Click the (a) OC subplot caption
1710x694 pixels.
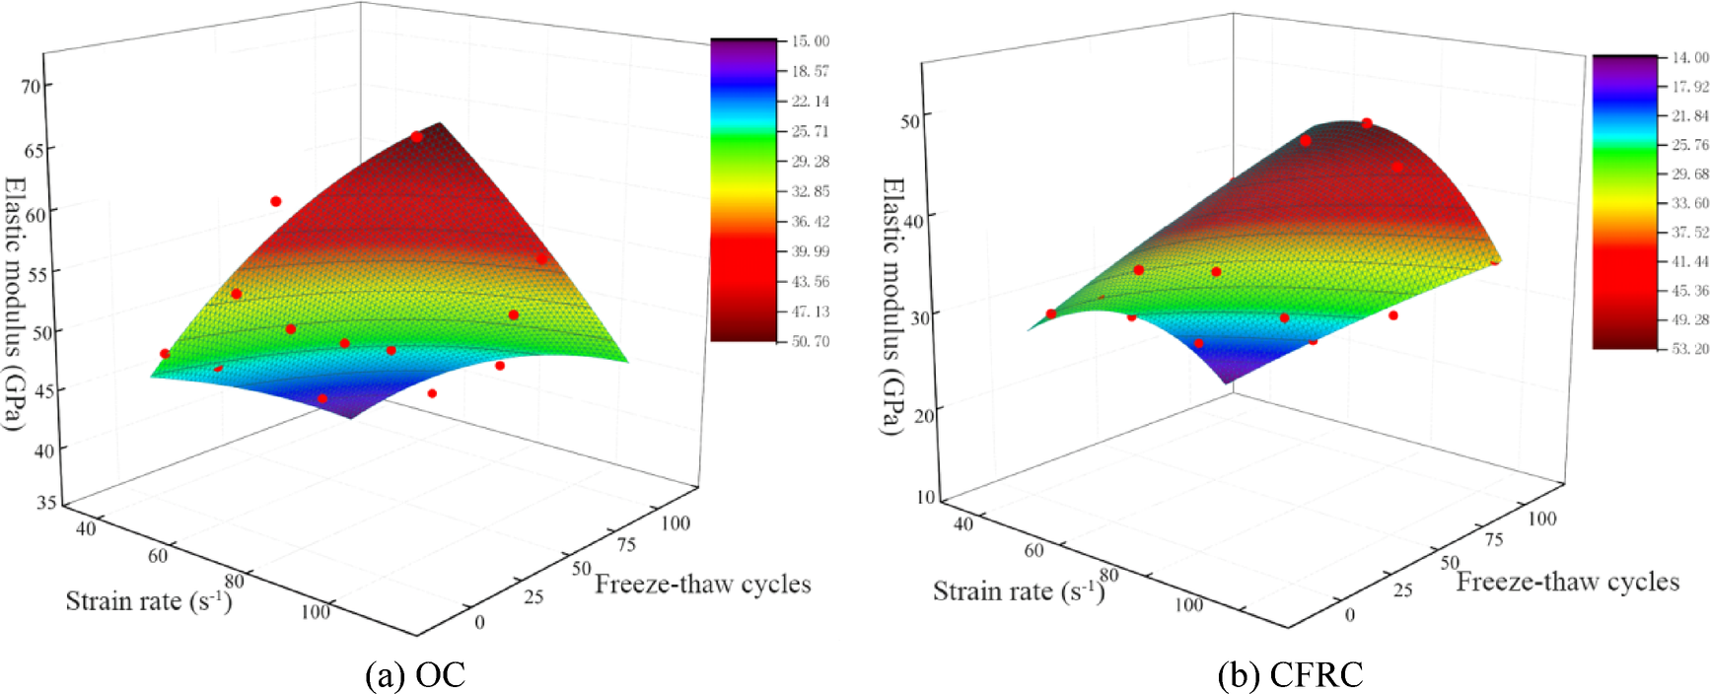tap(415, 675)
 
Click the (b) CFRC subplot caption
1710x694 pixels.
tap(1290, 675)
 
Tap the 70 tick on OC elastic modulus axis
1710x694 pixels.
tap(32, 87)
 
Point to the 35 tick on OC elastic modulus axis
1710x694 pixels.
tap(45, 503)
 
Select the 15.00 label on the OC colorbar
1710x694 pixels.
tap(810, 41)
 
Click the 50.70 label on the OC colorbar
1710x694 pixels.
tap(810, 341)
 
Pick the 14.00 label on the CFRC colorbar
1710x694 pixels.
tap(1689, 58)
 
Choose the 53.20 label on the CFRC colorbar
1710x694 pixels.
tap(1689, 349)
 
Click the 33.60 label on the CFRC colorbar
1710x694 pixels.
tap(1689, 203)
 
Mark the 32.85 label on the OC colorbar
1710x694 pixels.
tap(810, 191)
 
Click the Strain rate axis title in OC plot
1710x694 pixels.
tap(149, 600)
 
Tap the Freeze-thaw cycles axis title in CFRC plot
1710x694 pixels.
tap(1567, 582)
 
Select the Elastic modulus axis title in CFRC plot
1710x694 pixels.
tap(891, 306)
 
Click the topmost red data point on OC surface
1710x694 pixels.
tap(417, 137)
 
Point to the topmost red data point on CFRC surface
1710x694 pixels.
tap(1367, 123)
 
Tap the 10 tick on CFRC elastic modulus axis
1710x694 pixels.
tap(925, 497)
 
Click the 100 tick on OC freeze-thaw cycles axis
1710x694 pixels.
tap(676, 523)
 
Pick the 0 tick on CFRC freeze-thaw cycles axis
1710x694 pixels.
tap(1350, 615)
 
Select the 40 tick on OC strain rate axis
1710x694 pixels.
tap(86, 529)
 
